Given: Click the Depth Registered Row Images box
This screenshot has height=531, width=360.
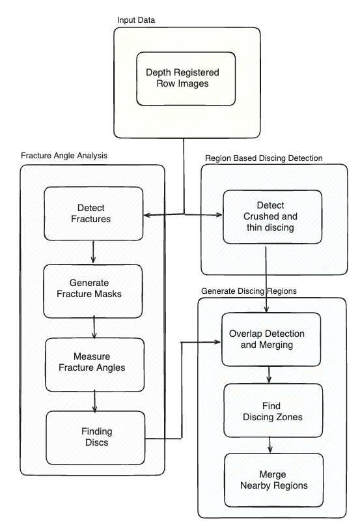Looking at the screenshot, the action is tap(186, 79).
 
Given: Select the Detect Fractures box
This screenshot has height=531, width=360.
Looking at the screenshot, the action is tap(93, 213).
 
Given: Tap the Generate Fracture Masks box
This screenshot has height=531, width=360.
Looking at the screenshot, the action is tap(92, 291).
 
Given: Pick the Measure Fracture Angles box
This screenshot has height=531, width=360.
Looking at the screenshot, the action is tap(95, 365).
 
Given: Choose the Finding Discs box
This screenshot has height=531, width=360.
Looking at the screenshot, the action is tap(96, 438).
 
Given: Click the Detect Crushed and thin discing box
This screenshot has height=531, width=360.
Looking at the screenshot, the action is tap(272, 217).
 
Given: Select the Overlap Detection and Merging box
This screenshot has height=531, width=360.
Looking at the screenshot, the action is tap(271, 339).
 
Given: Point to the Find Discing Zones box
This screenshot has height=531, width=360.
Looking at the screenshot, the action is tap(273, 410).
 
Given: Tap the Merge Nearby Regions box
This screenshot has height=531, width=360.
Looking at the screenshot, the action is tap(273, 480).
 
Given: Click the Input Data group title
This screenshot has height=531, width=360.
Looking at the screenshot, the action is tap(136, 20).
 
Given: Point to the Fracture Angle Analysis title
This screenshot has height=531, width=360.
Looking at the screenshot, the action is tap(64, 156).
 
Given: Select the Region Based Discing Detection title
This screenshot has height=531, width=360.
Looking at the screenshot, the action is tap(264, 158).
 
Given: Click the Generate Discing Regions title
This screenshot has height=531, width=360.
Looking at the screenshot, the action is tap(249, 291).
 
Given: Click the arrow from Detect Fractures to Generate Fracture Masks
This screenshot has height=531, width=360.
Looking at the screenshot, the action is tap(93, 252).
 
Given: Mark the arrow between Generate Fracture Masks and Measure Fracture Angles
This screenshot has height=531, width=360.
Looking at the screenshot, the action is tap(94, 327).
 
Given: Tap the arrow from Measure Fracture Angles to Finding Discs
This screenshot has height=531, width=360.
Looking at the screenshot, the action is tap(94, 401).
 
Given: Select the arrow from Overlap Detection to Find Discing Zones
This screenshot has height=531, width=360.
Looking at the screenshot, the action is tap(269, 375).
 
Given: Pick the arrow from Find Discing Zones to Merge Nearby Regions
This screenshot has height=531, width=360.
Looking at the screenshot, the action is tap(270, 444).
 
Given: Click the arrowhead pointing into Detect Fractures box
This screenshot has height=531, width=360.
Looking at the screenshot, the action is tap(147, 215).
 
